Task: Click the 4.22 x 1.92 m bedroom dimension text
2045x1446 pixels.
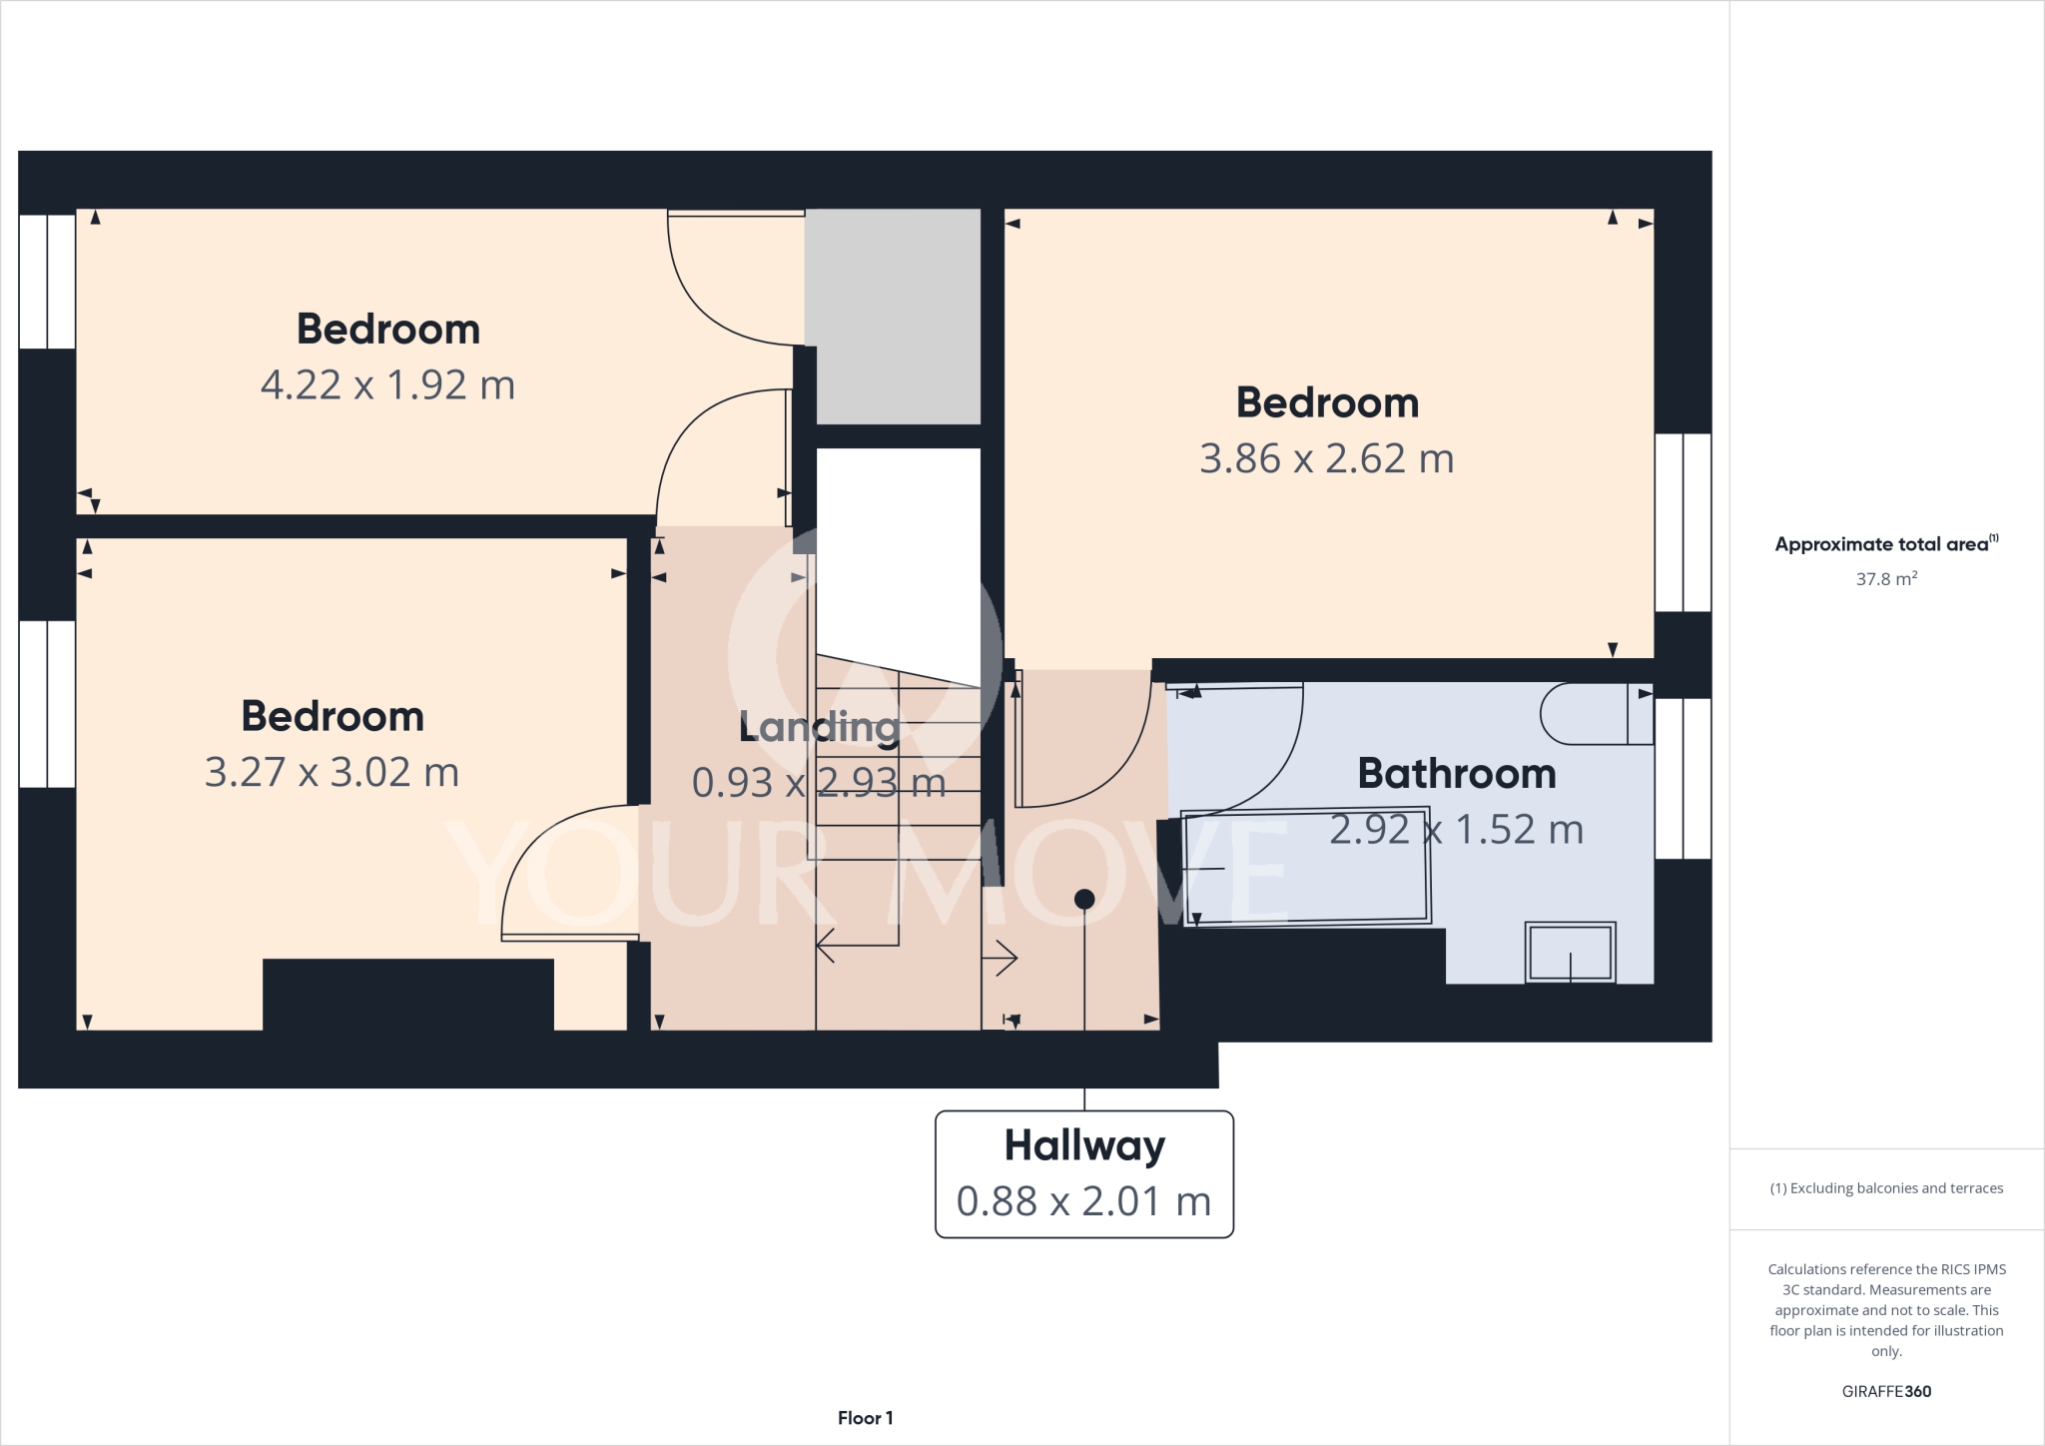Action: tap(387, 385)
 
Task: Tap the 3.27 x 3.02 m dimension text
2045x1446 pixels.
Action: tap(332, 773)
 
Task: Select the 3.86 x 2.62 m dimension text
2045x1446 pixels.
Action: tap(1326, 459)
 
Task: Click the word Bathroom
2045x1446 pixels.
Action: tap(1456, 774)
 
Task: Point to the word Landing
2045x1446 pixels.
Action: tap(819, 727)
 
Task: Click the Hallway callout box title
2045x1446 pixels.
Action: tap(1084, 1145)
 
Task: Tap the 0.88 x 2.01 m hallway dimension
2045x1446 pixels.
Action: tap(1083, 1201)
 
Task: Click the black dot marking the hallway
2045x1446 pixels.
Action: tap(1084, 900)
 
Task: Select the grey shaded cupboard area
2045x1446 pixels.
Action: tap(894, 315)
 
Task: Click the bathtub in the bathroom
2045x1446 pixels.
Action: tap(1306, 867)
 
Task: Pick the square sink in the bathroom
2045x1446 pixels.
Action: tap(1570, 952)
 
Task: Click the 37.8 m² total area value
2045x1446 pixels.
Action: tap(1885, 579)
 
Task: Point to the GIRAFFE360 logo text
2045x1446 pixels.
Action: tap(1885, 1391)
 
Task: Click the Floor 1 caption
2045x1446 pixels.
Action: tap(865, 1418)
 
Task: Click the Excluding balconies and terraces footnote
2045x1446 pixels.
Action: tap(1885, 1188)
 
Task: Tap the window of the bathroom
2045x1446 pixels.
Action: tap(1683, 779)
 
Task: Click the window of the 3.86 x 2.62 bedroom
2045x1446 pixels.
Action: tap(1683, 522)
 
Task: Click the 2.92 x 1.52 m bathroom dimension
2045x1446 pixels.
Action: tap(1456, 830)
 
